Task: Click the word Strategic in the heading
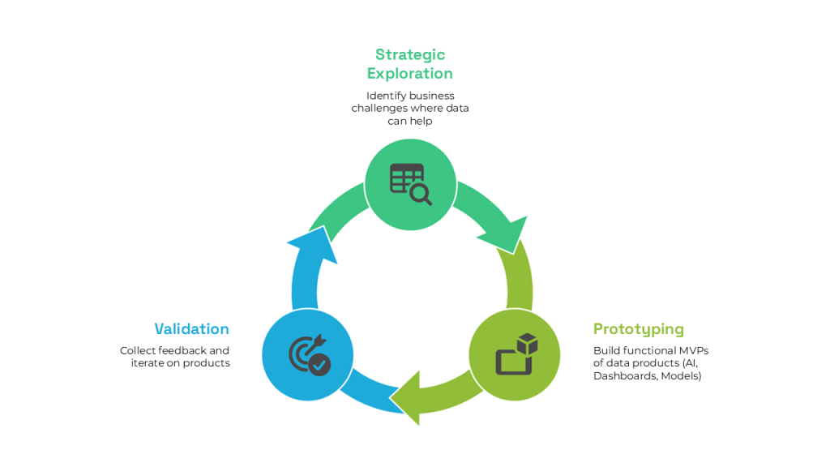409,54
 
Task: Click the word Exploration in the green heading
409,73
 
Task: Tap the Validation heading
191,328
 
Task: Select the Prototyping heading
638,328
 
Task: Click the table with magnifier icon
410,184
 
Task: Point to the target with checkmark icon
309,354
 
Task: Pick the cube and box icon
516,353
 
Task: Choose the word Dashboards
622,375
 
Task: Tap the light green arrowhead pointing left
407,396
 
